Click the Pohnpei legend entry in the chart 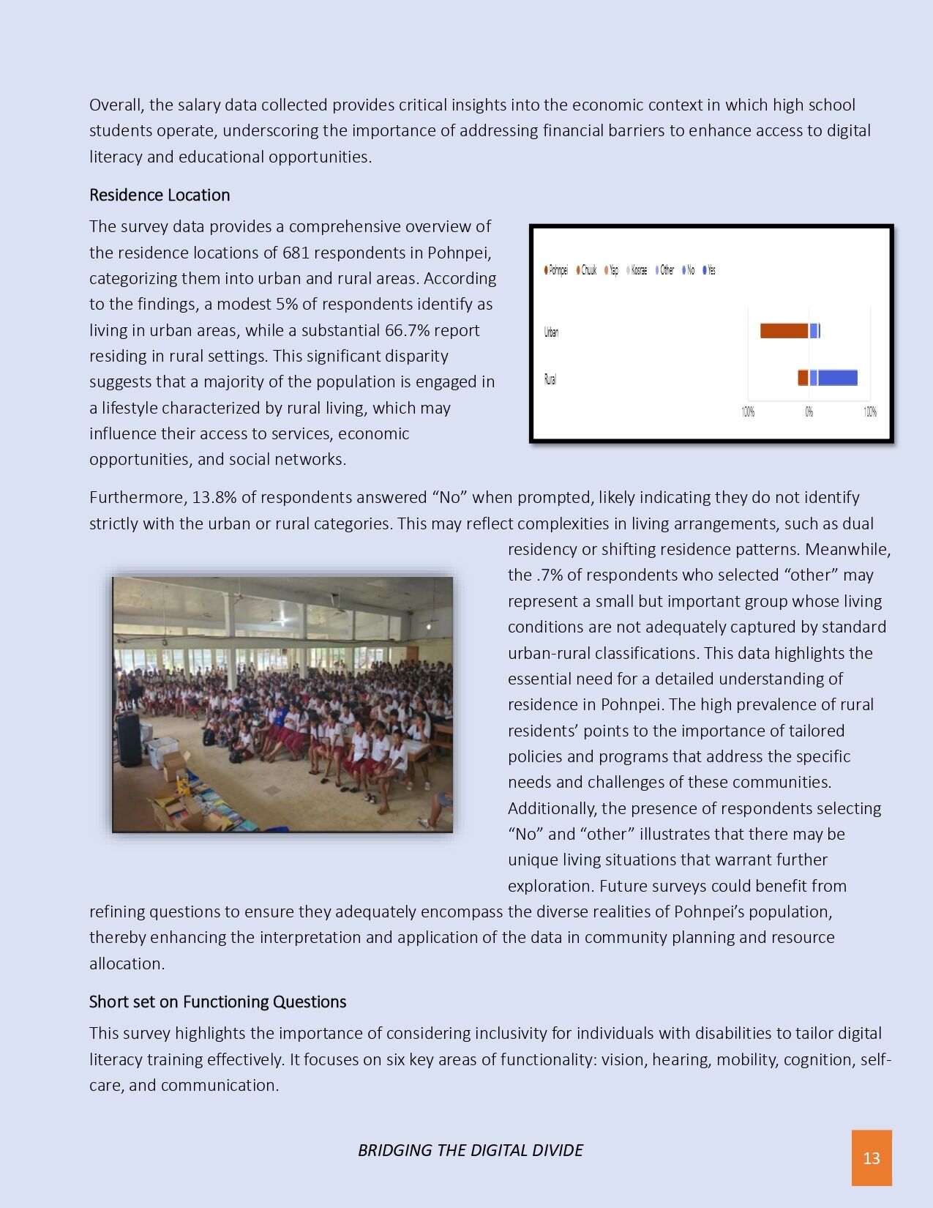coord(556,270)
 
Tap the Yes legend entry coord(709,270)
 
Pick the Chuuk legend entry coord(587,270)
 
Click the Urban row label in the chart coord(551,332)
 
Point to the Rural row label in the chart coord(550,379)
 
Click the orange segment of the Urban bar coord(784,331)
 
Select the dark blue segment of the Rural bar coord(837,378)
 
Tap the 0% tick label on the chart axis coord(809,412)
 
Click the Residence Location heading coord(160,195)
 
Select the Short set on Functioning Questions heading coord(217,1002)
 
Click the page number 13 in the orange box coord(871,1157)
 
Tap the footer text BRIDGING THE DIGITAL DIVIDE coord(470,1150)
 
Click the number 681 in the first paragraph coord(296,253)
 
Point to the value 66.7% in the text coord(406,330)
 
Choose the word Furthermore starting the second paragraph coord(138,497)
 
